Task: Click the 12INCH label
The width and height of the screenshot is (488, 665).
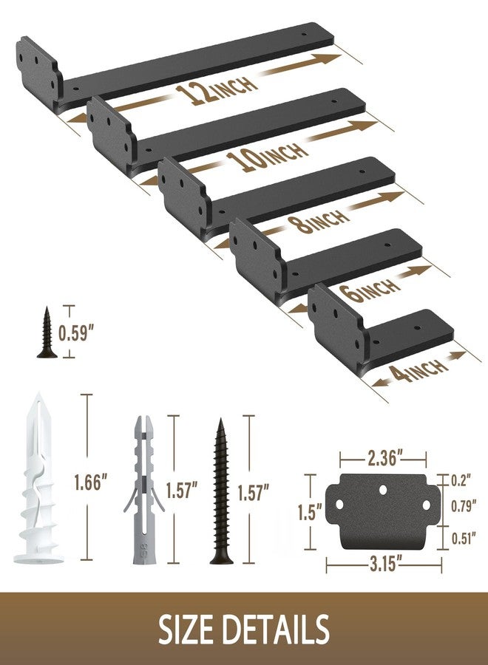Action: click(217, 90)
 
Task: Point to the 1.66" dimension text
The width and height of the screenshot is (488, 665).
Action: click(90, 482)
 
